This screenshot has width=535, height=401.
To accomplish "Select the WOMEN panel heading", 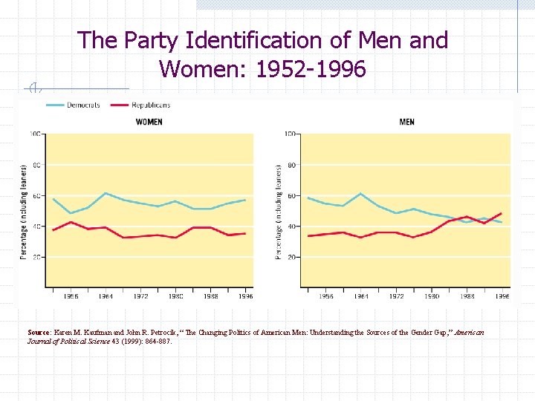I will pos(149,121).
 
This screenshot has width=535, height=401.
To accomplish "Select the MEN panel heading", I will pos(406,121).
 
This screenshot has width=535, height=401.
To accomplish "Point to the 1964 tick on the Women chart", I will pos(106,296).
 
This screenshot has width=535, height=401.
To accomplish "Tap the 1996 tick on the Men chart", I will pos(502,296).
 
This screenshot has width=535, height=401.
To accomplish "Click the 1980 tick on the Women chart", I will pos(175,296).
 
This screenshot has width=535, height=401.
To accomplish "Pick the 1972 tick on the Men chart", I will pos(397,296).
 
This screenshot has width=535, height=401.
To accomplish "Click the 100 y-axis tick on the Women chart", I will pos(34,134).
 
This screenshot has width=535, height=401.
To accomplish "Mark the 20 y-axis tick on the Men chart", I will pos(291,257).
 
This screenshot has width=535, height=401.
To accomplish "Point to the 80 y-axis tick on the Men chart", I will pos(291,165).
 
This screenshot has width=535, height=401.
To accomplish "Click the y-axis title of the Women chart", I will pos(24,212).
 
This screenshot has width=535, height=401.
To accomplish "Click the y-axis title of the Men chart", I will pos(279,212).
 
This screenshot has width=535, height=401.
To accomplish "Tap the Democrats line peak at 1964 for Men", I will pos(360,194).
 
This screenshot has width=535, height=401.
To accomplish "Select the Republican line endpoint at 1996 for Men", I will pos(502,214).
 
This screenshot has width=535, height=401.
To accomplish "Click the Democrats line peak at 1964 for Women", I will pos(106,193).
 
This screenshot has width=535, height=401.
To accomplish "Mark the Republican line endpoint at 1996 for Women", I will pos(245,233).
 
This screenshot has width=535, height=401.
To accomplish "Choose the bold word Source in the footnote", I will pos(39,333).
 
